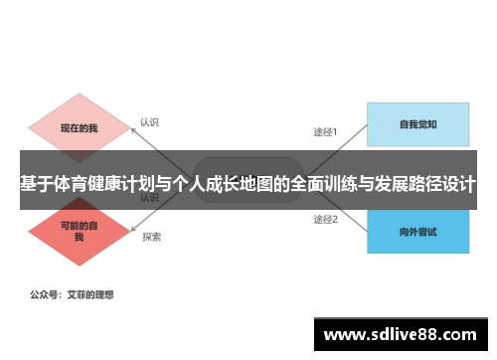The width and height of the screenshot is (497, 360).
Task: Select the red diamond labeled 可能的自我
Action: pos(78,232)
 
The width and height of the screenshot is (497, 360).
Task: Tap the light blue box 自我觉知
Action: pos(417,125)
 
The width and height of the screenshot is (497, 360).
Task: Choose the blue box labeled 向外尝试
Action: pos(417,232)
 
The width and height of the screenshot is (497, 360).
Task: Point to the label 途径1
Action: pos(326,131)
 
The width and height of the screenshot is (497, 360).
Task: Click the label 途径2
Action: pos(326,219)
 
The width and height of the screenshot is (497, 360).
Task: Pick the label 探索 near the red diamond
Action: pos(151,237)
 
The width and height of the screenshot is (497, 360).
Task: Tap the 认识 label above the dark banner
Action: pos(149,123)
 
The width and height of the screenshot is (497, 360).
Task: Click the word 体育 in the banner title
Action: pos(68,184)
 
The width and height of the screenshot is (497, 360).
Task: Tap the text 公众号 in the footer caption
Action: pos(44,295)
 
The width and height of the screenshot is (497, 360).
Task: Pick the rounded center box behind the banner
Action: pos(248,164)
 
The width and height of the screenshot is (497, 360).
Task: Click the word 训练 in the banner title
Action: pos(338,184)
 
